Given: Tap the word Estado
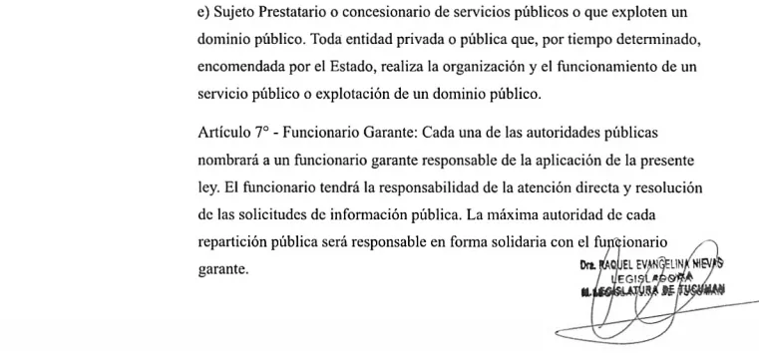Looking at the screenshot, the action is coord(379,69).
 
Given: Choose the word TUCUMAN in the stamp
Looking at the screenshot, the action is coord(702,291).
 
